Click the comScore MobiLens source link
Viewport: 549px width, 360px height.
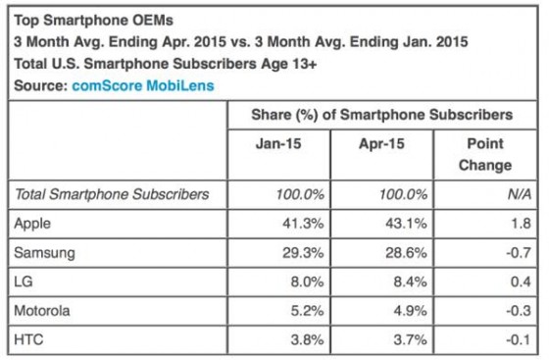pos(143,85)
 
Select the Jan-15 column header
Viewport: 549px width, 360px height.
pos(278,143)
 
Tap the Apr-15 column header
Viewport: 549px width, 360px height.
pos(381,143)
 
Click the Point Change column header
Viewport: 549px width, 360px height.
pos(485,154)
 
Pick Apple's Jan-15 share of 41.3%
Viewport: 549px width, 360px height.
pos(303,224)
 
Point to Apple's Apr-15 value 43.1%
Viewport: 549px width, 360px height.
pos(406,224)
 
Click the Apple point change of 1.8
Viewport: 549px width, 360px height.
pos(521,224)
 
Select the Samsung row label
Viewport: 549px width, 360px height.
pos(44,253)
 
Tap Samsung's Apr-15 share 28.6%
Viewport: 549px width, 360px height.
pos(406,252)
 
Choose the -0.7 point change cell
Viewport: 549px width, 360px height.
pos(519,252)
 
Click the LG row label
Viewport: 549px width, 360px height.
pos(24,282)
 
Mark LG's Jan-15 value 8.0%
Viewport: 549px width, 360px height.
pos(308,282)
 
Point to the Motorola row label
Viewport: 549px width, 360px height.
pos(42,311)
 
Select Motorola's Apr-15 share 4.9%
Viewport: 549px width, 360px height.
pos(411,311)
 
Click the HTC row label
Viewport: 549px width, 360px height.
pos(28,339)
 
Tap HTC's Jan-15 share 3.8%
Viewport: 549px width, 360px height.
pos(308,339)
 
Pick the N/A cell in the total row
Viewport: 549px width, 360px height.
pos(520,194)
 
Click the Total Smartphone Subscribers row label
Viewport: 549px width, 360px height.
pos(112,194)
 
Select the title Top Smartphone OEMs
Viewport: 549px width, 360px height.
pos(93,21)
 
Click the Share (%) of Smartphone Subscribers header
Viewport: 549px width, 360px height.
pos(382,115)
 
